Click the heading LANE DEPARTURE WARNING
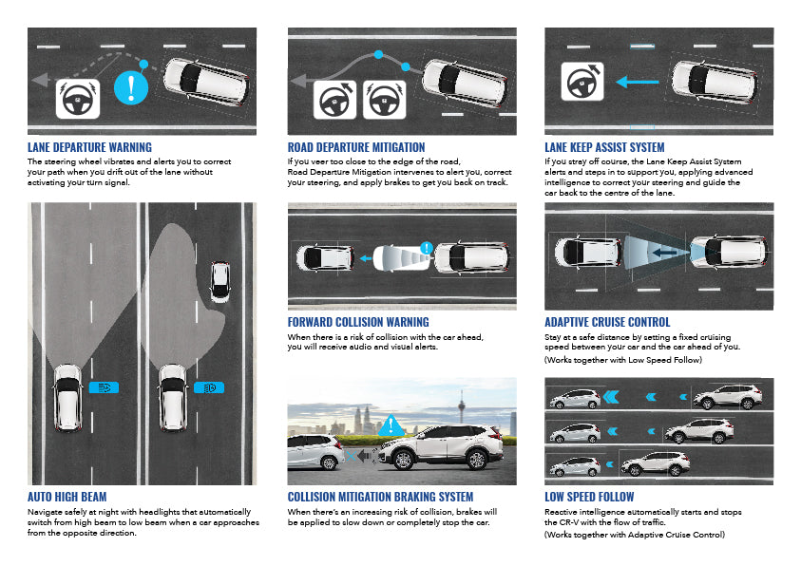click(89, 147)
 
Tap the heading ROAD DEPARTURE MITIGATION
click(356, 147)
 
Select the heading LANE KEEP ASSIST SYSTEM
click(604, 147)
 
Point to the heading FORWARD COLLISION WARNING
click(358, 322)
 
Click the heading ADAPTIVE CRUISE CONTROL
click(607, 322)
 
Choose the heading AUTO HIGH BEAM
click(67, 497)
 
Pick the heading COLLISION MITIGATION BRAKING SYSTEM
click(380, 497)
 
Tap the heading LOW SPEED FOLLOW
click(589, 497)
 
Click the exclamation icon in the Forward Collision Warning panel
click(426, 250)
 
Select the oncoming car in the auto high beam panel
click(219, 280)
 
